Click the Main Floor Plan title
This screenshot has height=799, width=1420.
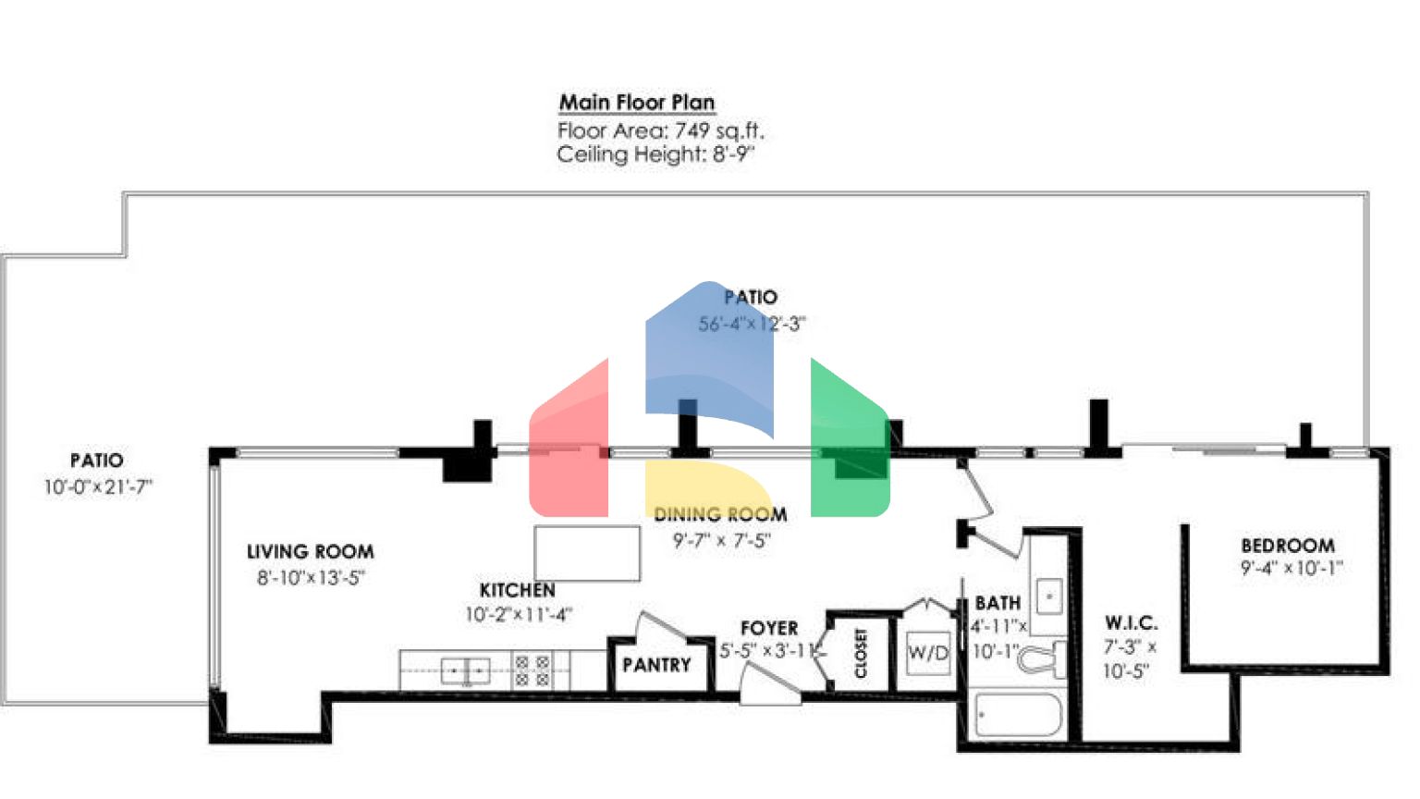point(636,102)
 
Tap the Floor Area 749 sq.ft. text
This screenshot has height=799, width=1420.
point(660,130)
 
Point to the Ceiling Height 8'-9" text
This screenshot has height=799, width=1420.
point(655,154)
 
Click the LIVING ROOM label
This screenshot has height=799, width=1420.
point(310,552)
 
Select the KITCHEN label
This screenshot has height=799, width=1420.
point(517,590)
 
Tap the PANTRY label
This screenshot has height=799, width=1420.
point(656,665)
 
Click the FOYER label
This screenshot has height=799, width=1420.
point(768,628)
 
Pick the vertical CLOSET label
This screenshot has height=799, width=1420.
point(861,653)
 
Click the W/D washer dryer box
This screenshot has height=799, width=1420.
point(928,653)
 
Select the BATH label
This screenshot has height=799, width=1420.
point(998,603)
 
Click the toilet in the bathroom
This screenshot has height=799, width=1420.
point(1043,659)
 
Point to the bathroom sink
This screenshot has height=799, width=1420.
point(1048,596)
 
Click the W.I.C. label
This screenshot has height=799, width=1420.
point(1131,623)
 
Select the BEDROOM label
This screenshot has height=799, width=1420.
point(1287,546)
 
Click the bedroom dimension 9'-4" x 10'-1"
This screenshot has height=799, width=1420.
point(1291,568)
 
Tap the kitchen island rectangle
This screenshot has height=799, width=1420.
point(587,553)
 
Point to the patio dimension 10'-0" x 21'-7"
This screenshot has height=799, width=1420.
point(98,486)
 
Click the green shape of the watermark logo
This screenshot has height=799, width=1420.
point(849,444)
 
